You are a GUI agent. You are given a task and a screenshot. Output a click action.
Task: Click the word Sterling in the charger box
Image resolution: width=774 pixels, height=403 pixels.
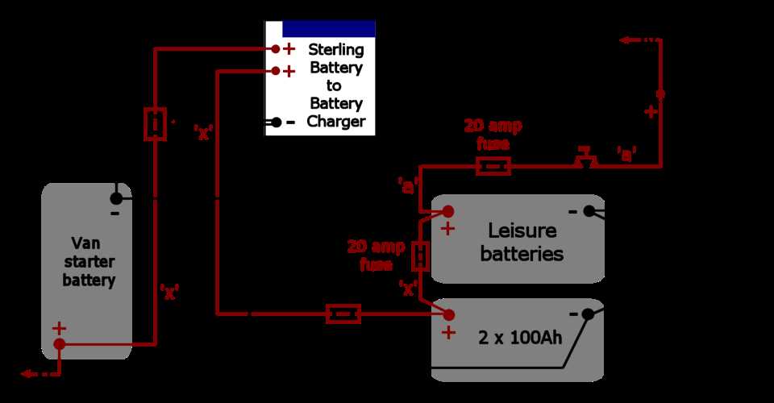click(x=336, y=50)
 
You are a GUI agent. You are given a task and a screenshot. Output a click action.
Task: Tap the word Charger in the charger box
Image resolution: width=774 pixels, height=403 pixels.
click(x=336, y=123)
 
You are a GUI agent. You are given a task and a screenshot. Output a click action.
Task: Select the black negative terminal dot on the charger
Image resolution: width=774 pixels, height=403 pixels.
click(x=276, y=123)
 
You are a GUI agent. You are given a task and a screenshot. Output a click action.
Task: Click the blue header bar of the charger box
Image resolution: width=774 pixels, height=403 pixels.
click(x=328, y=28)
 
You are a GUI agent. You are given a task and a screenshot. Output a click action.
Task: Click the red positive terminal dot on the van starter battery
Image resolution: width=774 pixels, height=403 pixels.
click(x=60, y=344)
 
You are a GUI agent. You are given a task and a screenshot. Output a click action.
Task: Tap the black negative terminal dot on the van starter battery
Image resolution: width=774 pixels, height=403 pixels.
click(x=116, y=197)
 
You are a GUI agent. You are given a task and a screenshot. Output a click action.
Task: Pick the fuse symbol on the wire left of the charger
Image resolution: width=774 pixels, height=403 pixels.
click(x=155, y=124)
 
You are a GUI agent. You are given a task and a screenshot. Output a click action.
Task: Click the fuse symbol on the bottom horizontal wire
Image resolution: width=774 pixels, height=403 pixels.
click(x=343, y=314)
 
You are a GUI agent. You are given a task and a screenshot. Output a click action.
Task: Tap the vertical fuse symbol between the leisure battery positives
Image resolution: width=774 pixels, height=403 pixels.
click(x=420, y=256)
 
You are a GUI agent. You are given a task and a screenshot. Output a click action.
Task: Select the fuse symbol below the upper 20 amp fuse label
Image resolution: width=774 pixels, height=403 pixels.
click(x=493, y=167)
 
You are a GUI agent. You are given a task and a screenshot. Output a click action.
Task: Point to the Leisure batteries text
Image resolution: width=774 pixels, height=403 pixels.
click(x=518, y=242)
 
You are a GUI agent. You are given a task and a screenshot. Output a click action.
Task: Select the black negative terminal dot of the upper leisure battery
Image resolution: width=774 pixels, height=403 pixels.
click(x=589, y=211)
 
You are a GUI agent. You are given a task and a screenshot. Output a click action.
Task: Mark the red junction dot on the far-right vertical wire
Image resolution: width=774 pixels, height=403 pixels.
click(x=660, y=94)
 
